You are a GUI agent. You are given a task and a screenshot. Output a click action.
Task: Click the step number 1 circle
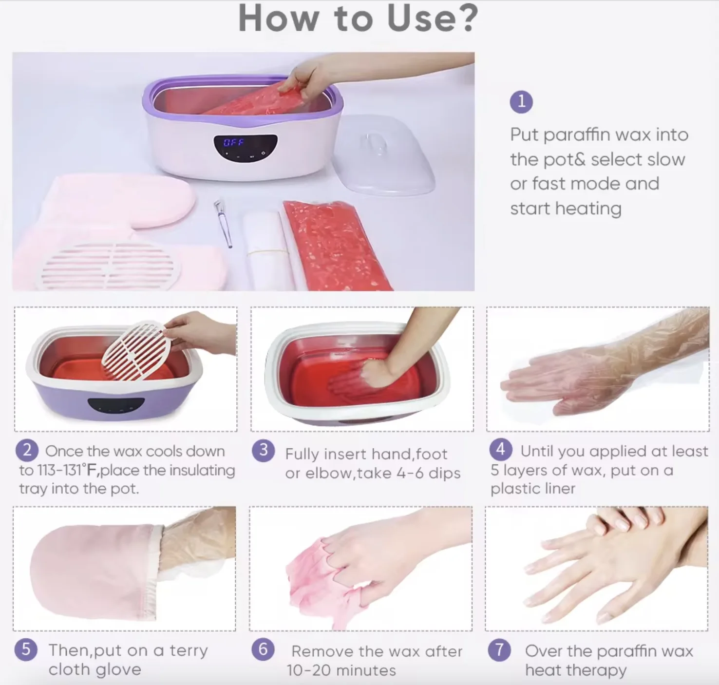[521, 102]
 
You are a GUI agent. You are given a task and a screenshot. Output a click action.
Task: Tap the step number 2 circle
[27, 451]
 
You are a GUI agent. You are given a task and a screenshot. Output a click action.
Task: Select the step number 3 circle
[264, 451]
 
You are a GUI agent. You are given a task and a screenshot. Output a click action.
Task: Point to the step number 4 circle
[501, 450]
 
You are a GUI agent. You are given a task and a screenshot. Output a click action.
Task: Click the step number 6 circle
[263, 650]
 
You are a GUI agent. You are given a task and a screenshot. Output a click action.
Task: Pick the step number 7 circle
[500, 650]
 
